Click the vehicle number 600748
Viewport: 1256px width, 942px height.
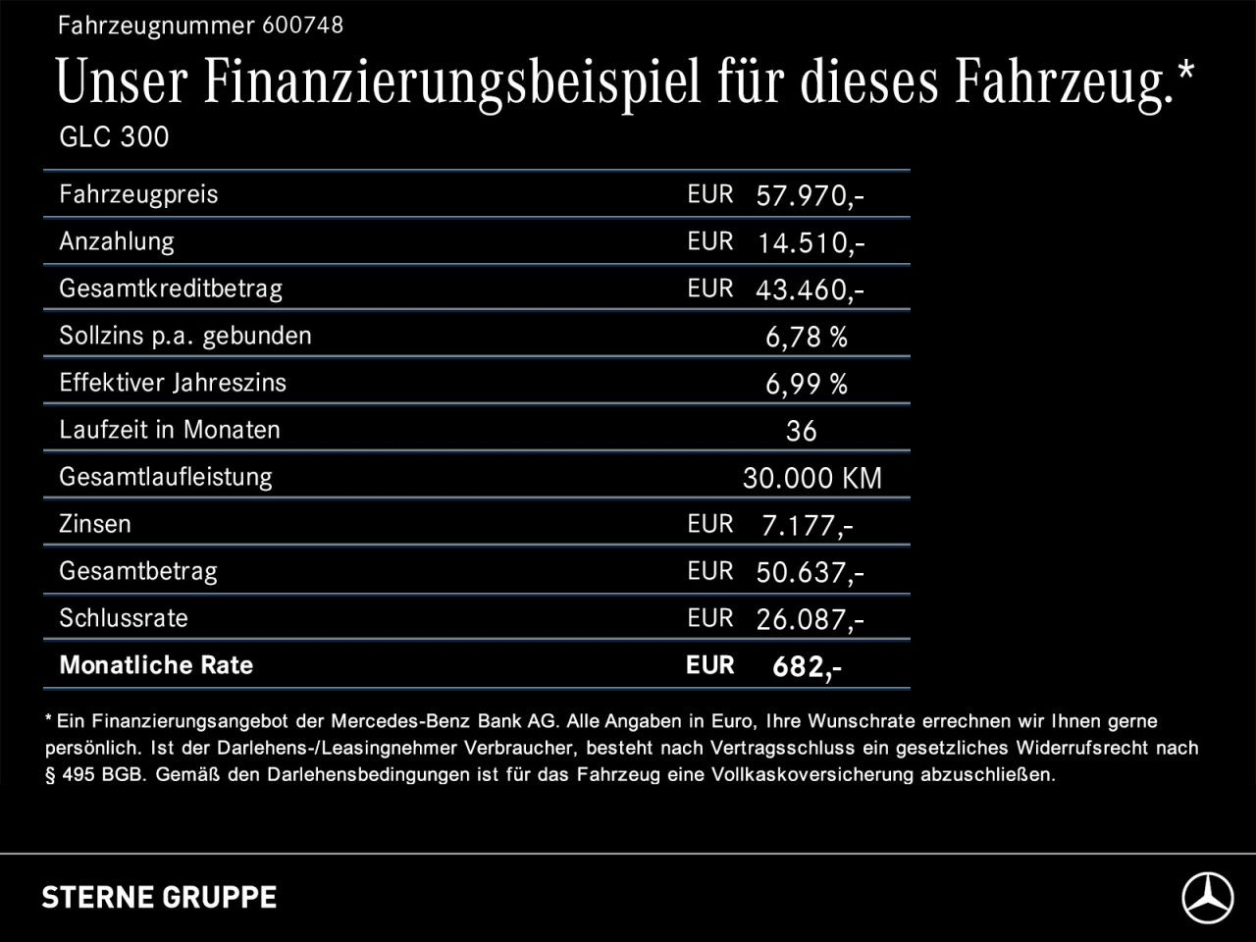(x=302, y=26)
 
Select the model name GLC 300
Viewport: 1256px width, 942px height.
(x=114, y=136)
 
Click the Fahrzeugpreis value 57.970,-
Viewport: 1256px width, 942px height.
(x=810, y=195)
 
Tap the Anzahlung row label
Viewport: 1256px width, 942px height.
(x=116, y=241)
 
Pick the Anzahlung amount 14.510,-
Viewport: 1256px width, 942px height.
(x=810, y=242)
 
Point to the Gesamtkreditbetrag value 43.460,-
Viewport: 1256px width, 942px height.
(x=810, y=289)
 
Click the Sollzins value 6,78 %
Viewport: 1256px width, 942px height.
(x=806, y=337)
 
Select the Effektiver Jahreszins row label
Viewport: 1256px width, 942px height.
(x=173, y=383)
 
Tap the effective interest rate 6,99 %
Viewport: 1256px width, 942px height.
(x=806, y=384)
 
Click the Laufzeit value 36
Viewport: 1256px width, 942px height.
(x=801, y=431)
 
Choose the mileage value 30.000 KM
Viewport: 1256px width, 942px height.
(x=811, y=478)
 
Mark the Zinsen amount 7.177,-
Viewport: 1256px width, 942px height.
(x=807, y=525)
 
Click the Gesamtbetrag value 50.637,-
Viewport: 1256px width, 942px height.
(x=810, y=572)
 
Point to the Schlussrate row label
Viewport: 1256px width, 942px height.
(x=123, y=618)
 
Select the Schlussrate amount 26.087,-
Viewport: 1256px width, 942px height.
(x=810, y=619)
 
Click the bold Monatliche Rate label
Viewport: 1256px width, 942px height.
(x=156, y=665)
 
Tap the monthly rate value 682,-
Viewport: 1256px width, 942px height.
(x=807, y=666)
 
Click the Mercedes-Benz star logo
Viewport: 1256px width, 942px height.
(x=1206, y=897)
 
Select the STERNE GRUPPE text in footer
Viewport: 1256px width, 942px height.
(x=159, y=897)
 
